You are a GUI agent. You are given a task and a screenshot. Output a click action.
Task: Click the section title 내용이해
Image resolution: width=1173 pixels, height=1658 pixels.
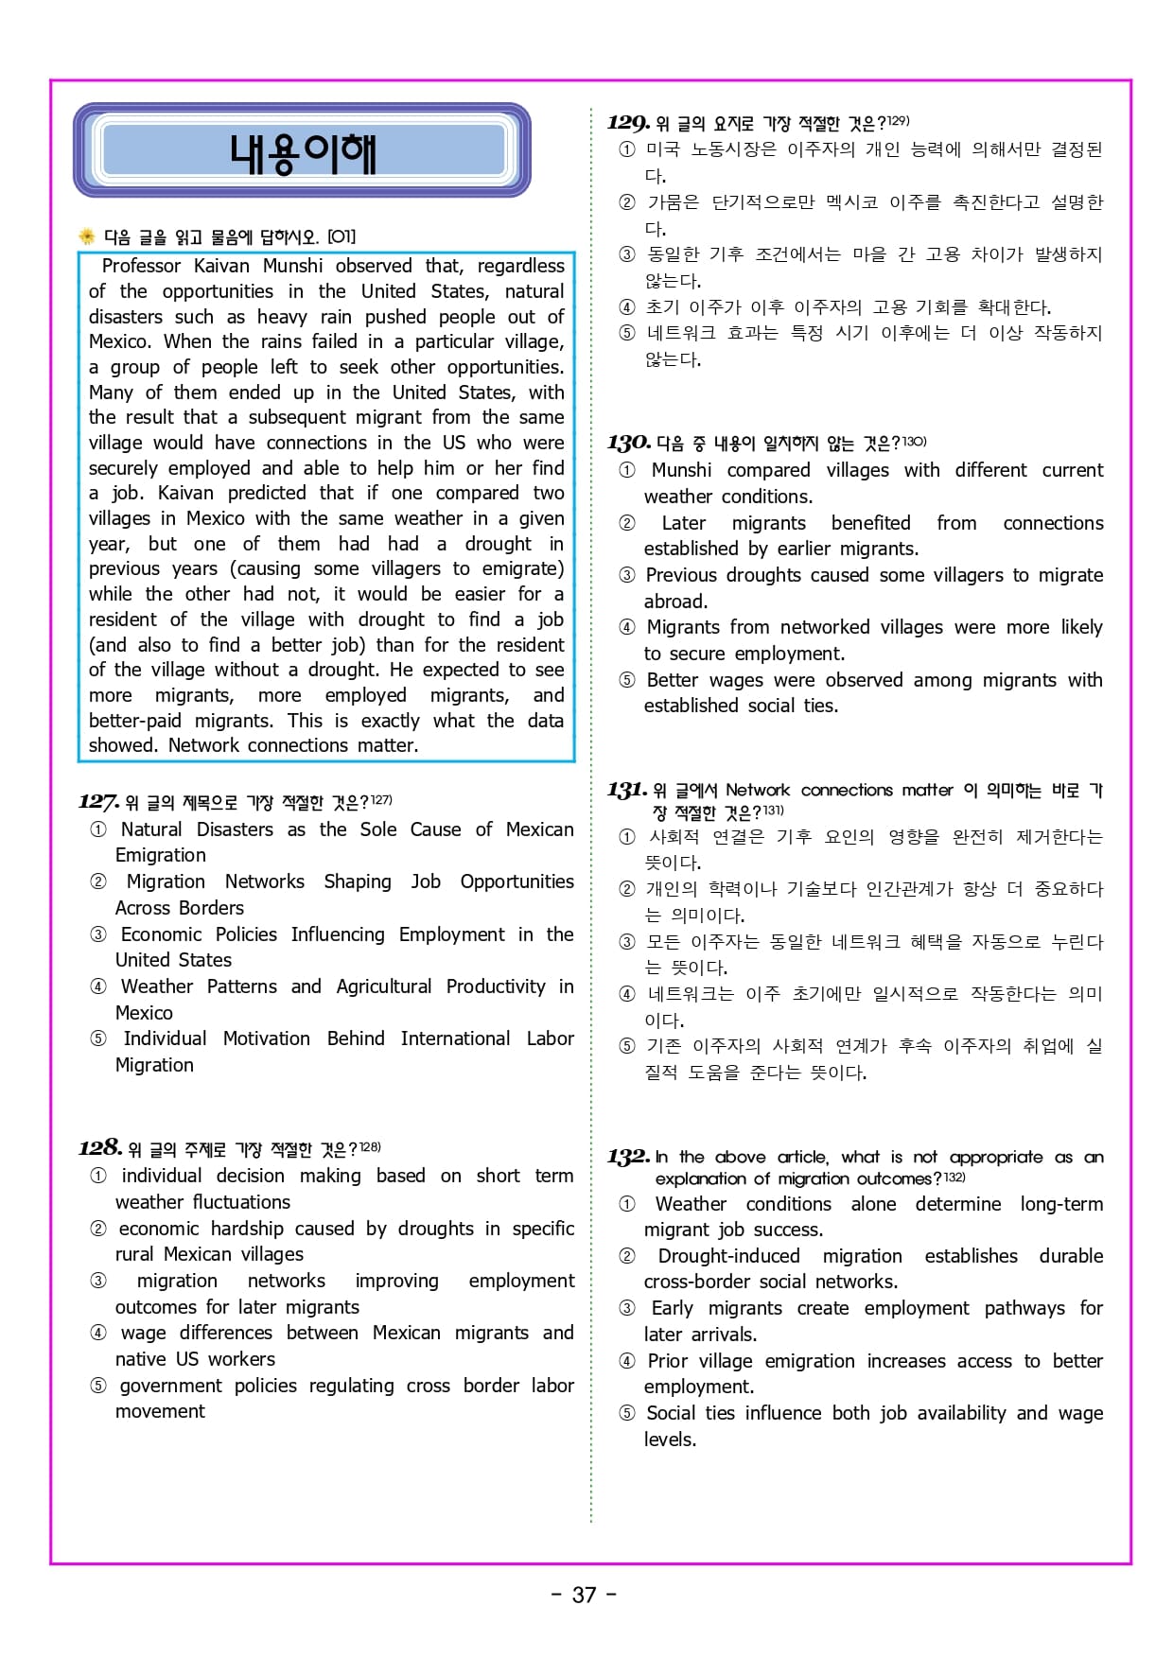coord(303,153)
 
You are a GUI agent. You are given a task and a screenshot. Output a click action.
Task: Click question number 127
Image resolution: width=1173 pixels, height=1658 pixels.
coord(98,802)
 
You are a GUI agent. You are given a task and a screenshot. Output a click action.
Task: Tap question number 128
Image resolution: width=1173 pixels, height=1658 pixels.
coord(99,1148)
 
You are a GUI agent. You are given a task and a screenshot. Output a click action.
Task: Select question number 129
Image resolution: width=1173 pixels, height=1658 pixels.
coord(628,122)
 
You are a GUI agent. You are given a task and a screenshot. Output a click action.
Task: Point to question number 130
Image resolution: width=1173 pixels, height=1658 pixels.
coord(628,443)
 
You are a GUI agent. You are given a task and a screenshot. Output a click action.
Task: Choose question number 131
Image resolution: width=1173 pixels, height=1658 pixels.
coord(627,790)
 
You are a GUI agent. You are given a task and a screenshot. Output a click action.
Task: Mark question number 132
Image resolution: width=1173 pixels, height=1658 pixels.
coord(628,1157)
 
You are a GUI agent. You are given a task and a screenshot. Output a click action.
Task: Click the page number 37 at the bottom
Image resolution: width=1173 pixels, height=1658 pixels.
coord(585,1595)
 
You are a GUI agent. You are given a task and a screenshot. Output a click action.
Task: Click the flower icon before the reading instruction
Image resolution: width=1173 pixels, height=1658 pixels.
coord(87,236)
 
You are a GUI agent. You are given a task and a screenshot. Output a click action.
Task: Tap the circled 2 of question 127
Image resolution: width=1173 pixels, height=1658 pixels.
coord(98,882)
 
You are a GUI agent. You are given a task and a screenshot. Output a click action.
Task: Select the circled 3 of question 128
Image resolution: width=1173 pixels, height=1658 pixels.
coord(98,1282)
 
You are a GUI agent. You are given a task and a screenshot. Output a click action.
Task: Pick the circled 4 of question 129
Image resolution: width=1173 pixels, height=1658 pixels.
coord(627,307)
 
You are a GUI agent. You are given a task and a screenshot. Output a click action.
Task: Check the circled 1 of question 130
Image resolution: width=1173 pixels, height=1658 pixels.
coord(627,471)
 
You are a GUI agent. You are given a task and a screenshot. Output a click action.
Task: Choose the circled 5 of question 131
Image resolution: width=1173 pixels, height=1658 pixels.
coord(627,1046)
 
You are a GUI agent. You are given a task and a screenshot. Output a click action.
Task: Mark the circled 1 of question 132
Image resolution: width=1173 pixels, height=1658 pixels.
coord(627,1205)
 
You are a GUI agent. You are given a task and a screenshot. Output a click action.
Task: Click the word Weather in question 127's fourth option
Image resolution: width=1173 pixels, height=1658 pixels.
coord(157,986)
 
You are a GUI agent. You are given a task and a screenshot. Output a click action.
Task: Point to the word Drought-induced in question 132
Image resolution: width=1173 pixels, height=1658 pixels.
coord(728,1256)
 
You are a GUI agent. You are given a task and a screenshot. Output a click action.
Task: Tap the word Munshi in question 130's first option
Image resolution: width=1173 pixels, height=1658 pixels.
coord(681,470)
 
